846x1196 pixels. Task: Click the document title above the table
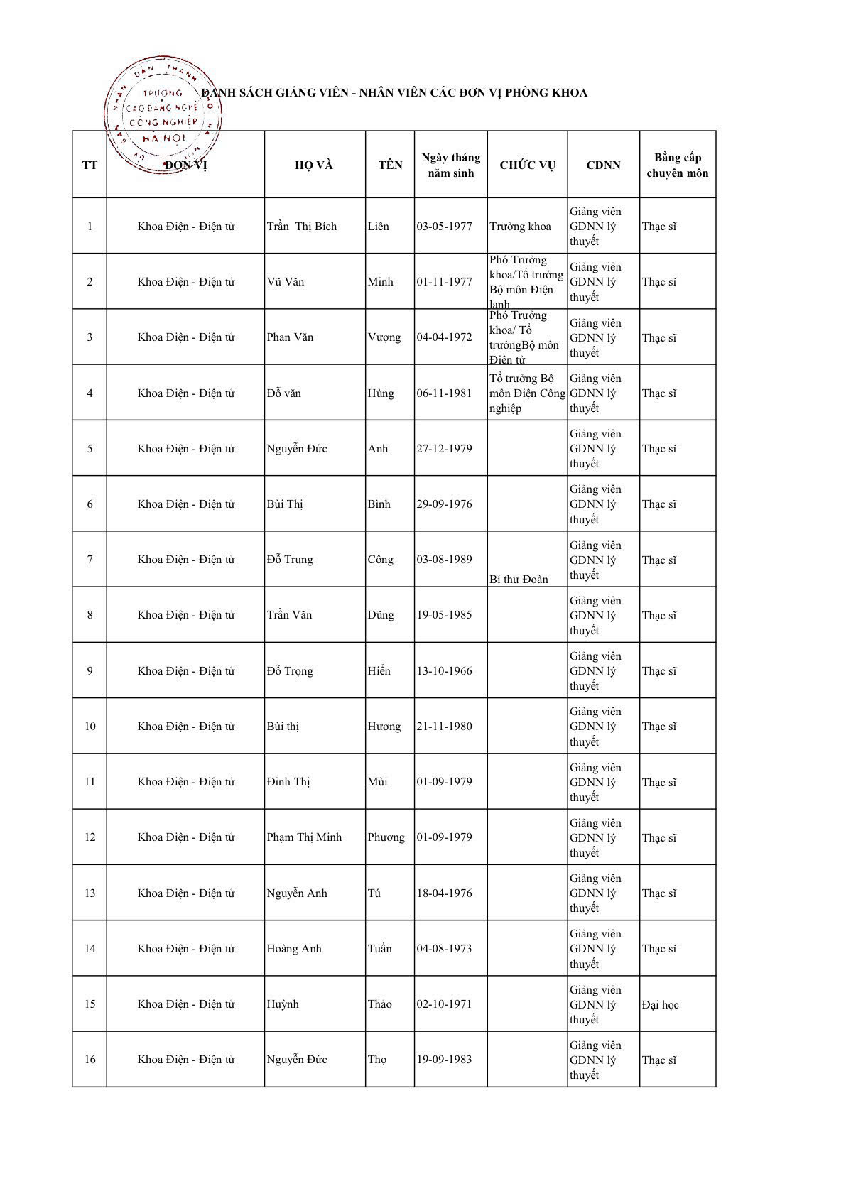394,93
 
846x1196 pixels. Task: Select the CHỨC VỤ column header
527,165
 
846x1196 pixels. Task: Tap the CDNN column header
603,165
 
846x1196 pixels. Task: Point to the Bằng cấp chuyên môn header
677,165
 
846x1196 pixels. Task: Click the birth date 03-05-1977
444,227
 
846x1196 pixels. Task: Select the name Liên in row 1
379,227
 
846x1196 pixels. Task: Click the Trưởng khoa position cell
520,227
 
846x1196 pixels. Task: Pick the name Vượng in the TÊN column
384,337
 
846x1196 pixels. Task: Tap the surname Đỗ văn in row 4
283,393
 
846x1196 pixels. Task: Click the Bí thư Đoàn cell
519,580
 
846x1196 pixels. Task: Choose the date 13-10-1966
444,671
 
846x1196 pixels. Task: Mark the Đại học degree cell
660,1005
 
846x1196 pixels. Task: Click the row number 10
90,727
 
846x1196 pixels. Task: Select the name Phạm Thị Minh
304,837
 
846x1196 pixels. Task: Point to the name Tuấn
380,949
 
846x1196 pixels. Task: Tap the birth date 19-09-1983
444,1060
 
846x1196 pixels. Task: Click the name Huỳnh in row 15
283,1004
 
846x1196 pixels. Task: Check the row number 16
90,1060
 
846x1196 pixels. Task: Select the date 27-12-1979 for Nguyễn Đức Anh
444,449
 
